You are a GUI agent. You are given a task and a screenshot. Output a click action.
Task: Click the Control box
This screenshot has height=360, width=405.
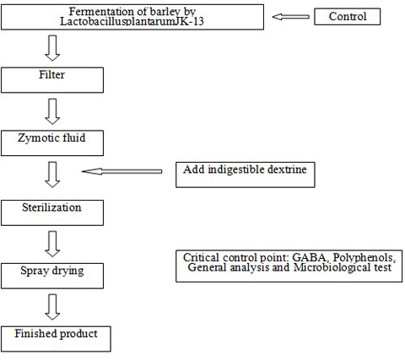coord(347,17)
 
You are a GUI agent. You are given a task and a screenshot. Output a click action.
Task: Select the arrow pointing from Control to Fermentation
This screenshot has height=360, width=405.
coord(291,17)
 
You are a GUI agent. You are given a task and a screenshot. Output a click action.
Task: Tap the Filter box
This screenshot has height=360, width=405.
coord(52,80)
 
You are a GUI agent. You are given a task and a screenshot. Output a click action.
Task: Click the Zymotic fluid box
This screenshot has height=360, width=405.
coord(52,143)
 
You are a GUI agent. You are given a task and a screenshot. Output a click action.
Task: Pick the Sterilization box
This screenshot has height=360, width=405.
coord(52,212)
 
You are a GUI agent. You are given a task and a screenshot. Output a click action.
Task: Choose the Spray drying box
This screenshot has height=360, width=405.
coord(52,276)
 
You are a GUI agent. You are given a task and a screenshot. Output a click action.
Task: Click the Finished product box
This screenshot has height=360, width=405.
coord(56,339)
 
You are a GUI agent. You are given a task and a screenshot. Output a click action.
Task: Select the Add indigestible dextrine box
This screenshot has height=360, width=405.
coord(246,175)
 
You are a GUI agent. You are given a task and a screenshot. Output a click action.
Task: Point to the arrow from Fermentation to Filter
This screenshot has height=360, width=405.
coord(52,48)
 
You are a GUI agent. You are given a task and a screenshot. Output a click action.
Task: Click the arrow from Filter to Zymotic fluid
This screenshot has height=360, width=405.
coord(52,111)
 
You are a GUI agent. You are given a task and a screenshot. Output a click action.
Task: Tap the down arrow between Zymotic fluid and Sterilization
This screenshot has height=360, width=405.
coord(52,175)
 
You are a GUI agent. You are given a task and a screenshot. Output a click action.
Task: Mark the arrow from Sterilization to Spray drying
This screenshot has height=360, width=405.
coord(52,244)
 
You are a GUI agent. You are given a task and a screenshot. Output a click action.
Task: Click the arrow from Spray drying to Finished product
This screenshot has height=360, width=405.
coord(52,307)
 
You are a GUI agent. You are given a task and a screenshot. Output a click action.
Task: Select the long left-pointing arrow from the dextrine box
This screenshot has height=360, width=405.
coord(121,171)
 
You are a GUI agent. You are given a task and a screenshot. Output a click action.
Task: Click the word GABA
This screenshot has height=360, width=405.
coord(310,257)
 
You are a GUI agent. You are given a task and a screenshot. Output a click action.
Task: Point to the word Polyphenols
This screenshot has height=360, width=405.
coord(364,258)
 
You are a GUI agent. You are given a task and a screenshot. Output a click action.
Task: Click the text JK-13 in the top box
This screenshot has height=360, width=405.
coord(189,22)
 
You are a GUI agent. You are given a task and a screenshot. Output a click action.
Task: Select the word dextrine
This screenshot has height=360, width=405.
coord(287,169)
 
